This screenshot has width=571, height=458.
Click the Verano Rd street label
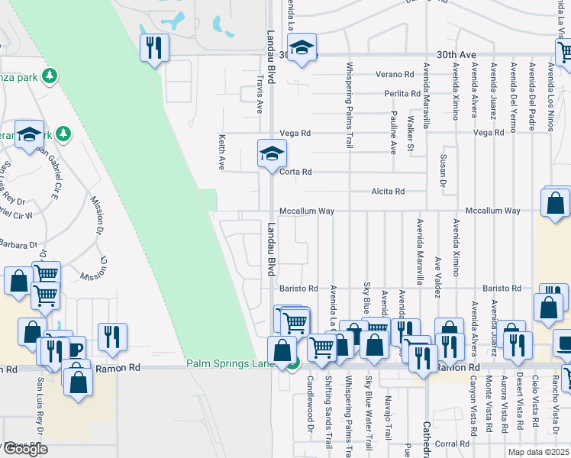(x=394, y=74)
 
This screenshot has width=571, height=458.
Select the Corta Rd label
(x=295, y=172)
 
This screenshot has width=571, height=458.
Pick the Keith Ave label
(x=222, y=153)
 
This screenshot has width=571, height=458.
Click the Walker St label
(x=411, y=134)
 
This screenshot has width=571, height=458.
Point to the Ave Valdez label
(x=438, y=273)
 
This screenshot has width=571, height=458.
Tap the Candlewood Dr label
(x=311, y=411)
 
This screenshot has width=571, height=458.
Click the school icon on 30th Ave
(x=302, y=48)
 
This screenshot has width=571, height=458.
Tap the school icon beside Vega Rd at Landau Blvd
(x=271, y=153)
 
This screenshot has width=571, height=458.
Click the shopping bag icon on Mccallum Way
(x=555, y=202)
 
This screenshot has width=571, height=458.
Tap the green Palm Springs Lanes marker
(x=293, y=366)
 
